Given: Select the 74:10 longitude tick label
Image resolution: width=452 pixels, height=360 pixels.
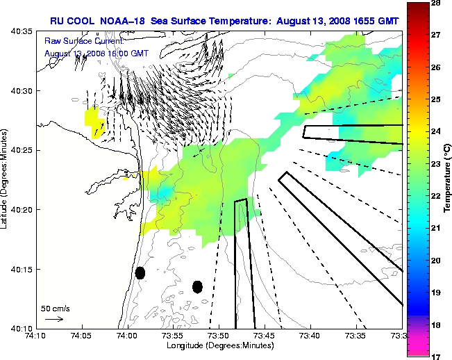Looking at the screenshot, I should (36, 336).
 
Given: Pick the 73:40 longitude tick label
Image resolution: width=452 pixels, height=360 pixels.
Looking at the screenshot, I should (310, 336).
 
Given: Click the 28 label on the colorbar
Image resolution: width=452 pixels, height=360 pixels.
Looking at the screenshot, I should (438, 4).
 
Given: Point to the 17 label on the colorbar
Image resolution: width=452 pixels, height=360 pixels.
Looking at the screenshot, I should (438, 356).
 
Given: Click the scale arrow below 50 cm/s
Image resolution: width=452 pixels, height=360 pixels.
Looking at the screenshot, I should (53, 319).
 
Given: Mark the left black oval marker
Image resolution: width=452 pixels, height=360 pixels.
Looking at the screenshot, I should (140, 273).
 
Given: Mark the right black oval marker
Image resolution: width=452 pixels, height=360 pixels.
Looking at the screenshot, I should (197, 286).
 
